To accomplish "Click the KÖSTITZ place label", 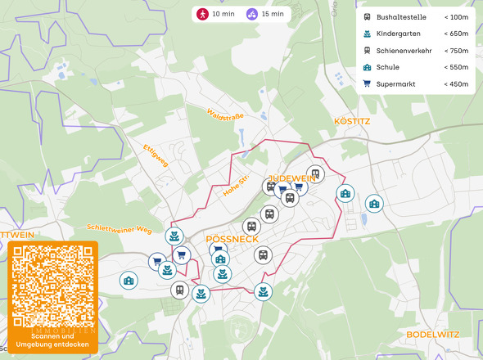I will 353,121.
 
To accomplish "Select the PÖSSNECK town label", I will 232,238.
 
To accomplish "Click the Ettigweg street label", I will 155,155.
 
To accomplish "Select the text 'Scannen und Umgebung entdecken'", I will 53,340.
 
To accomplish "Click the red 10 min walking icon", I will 201,14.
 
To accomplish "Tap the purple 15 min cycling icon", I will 252,14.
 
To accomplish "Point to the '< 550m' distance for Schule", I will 455,67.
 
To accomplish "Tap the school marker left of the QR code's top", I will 129,280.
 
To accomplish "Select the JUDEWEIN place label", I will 292,178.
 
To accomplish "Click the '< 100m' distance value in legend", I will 455,17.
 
